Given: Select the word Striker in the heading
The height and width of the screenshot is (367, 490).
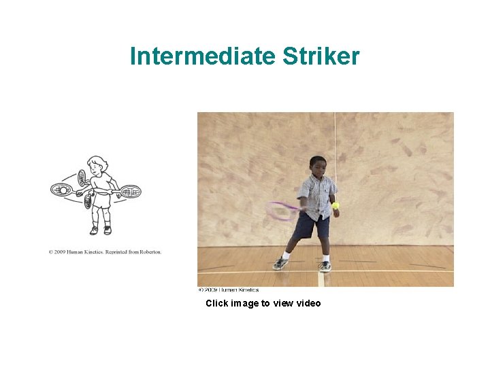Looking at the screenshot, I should [319, 56].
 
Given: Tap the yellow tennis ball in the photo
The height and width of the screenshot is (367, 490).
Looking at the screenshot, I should [336, 205].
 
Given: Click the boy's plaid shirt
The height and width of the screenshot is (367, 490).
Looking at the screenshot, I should [318, 194].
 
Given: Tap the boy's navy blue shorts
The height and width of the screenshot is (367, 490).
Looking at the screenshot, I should [312, 225].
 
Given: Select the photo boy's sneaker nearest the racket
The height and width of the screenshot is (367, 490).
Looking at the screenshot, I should [280, 264].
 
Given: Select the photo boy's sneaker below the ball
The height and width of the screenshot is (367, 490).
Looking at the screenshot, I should [325, 265].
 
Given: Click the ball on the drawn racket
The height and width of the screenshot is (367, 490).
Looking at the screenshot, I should [63, 191].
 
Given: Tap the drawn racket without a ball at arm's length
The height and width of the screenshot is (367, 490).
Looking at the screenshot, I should [130, 192].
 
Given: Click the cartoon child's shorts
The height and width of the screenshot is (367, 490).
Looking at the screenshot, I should [101, 202].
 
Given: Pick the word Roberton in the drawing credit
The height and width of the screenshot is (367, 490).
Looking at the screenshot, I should [150, 252].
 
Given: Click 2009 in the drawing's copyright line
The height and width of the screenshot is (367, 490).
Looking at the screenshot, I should [61, 252].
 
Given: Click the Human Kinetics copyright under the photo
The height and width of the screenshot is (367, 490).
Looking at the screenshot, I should [228, 290].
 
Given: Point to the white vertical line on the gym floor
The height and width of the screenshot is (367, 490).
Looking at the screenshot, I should [321, 278].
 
